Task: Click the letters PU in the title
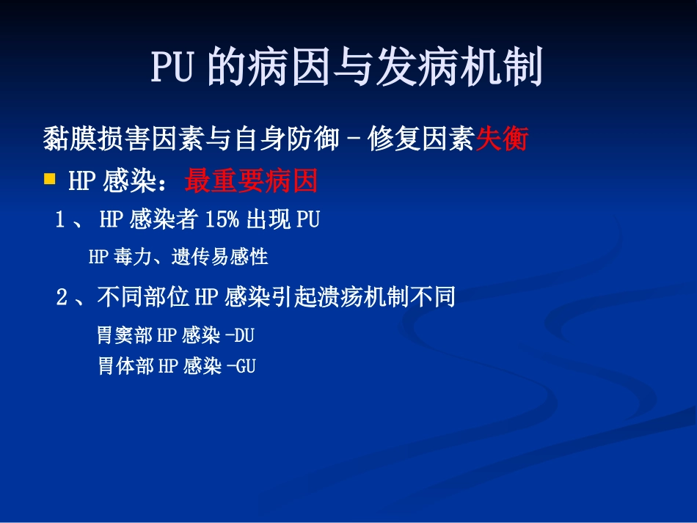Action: pos(173,69)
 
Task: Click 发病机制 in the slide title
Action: pos(459,69)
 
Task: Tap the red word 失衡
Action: pos(502,139)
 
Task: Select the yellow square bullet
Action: pos(50,178)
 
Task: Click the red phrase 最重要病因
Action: pos(251,181)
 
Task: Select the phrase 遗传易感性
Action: pos(220,257)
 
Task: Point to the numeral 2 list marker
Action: pos(62,297)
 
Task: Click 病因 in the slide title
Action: pos(291,69)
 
